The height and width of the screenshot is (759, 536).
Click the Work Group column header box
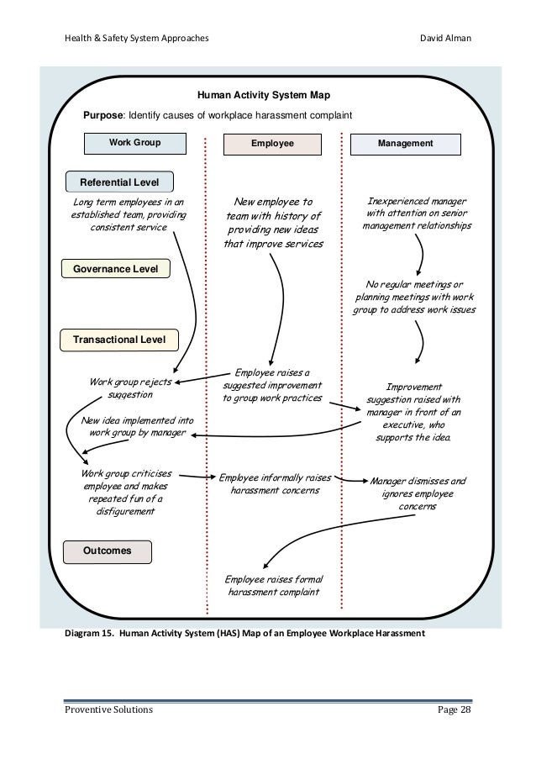(x=134, y=143)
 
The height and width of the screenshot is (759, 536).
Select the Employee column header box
(x=272, y=144)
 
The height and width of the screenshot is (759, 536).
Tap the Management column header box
(x=405, y=144)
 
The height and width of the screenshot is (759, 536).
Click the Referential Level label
(x=118, y=182)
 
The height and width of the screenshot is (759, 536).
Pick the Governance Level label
(x=116, y=269)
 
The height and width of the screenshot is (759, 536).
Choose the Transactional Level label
(x=120, y=340)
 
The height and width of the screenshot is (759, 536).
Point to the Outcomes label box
(x=109, y=551)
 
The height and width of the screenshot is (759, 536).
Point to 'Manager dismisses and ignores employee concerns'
(x=417, y=494)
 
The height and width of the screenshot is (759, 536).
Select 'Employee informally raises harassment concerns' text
(x=275, y=483)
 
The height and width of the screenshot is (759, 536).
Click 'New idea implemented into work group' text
(x=136, y=426)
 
